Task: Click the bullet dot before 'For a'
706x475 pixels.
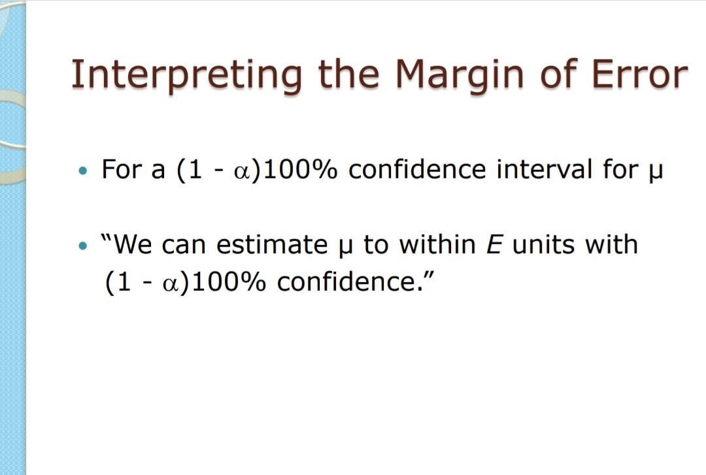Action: pos(82,171)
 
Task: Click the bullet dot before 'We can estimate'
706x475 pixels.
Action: pos(82,246)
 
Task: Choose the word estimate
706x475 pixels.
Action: pos(271,245)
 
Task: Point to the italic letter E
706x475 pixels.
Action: pos(494,245)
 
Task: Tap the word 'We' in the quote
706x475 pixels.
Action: pos(135,245)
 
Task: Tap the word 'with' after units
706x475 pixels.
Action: pos(611,245)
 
